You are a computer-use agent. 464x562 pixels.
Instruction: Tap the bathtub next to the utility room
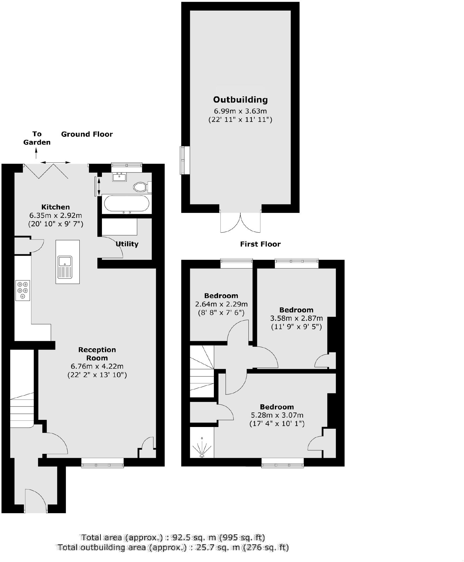click(x=126, y=204)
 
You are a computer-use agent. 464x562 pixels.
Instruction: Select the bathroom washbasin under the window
click(x=119, y=177)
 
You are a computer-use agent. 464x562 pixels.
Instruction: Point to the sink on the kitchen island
click(x=65, y=267)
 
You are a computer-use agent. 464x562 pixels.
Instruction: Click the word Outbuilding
click(x=240, y=100)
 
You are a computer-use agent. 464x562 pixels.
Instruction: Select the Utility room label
click(x=127, y=244)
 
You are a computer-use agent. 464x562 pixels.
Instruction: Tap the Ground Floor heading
click(x=87, y=134)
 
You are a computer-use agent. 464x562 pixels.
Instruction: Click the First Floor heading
click(x=260, y=244)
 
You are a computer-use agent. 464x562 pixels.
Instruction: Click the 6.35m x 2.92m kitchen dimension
click(x=56, y=215)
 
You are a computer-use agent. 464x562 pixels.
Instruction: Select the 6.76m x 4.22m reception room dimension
click(x=97, y=366)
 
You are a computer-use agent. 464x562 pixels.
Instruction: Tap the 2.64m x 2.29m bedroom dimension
click(x=221, y=304)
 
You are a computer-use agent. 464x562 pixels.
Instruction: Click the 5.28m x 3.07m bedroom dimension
click(x=277, y=415)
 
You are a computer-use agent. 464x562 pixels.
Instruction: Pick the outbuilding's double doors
click(x=240, y=222)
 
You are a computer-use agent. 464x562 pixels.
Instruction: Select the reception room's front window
click(x=103, y=463)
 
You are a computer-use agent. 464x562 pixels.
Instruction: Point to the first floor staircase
click(x=202, y=371)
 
